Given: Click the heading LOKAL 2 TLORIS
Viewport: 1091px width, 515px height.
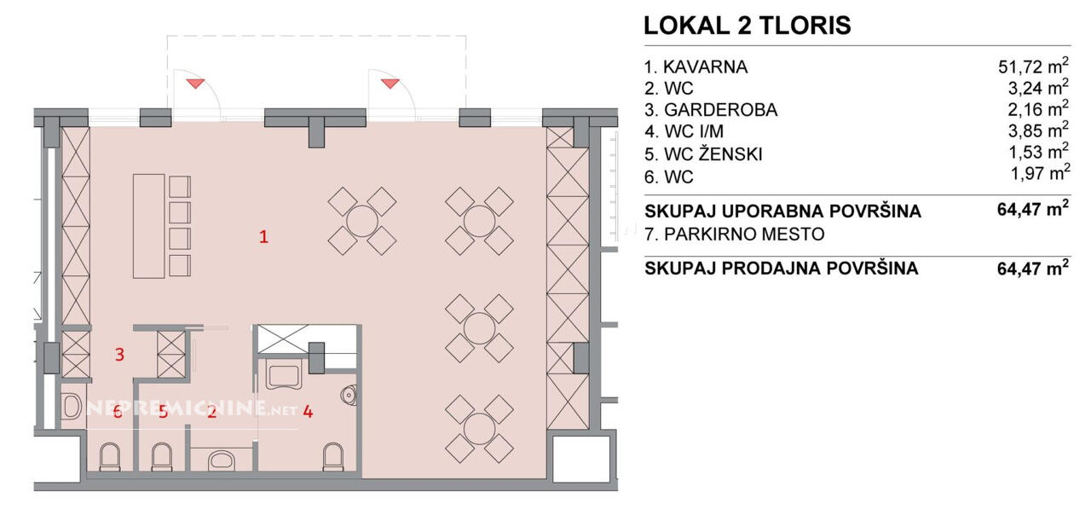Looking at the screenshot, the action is tap(748, 26).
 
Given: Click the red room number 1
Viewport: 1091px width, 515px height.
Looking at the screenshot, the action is tap(263, 237).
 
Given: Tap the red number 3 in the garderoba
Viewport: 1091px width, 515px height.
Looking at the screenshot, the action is tap(119, 354).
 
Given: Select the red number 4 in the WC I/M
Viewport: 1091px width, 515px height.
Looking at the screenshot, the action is tap(308, 412).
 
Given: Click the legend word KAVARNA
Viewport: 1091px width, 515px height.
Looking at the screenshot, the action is tap(705, 67).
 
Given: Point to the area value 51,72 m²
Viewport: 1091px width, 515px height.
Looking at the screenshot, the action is tap(1033, 66).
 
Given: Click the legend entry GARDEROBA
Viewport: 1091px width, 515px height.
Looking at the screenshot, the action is tap(721, 110).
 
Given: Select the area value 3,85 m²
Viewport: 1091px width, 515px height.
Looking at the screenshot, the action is tap(1038, 130).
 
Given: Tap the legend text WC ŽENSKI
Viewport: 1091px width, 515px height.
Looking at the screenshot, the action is tap(713, 153).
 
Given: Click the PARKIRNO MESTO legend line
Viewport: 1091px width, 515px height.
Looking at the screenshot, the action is tap(735, 234).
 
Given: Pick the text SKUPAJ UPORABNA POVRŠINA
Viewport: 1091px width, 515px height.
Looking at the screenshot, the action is tap(782, 211).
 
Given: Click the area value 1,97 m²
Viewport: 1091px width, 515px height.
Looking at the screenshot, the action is tap(1041, 172).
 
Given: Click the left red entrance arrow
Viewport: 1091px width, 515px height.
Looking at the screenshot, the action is tap(195, 84).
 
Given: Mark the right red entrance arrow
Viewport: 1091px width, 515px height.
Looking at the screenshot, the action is tap(390, 84).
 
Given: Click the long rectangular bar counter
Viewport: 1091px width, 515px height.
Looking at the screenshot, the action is tap(148, 226).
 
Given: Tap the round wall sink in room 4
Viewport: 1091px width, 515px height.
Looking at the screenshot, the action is tap(349, 395).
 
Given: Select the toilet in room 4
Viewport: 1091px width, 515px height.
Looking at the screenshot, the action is tap(333, 456).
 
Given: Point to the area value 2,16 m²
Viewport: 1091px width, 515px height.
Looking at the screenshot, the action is tap(1038, 108).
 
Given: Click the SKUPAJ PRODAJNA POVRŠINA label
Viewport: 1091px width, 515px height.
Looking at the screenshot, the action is tap(782, 269).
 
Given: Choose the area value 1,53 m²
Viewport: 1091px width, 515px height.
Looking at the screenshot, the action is tap(1038, 152).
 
